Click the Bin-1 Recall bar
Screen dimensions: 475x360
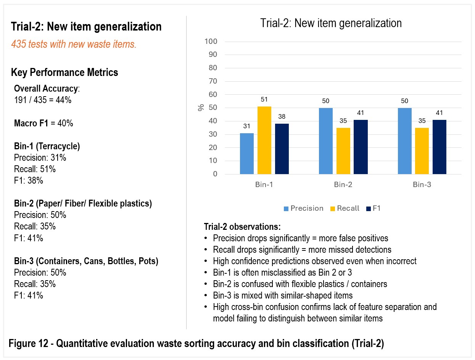(x=264, y=140)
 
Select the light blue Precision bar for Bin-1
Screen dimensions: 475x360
(x=247, y=153)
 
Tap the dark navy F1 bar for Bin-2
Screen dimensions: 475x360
(x=361, y=147)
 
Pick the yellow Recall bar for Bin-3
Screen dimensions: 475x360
(x=422, y=151)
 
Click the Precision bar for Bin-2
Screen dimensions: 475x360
(x=326, y=141)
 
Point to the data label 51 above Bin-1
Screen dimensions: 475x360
(x=264, y=99)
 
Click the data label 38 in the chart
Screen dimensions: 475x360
(x=282, y=116)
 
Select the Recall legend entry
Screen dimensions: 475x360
(x=345, y=208)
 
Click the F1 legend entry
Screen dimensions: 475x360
(x=373, y=208)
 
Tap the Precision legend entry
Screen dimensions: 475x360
(x=303, y=208)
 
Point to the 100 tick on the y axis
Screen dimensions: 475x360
(x=211, y=41)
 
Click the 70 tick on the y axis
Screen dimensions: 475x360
(x=213, y=81)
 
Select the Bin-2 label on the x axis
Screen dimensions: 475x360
(x=343, y=184)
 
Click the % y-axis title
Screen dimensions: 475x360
(x=201, y=107)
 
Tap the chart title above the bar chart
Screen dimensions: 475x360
(x=331, y=23)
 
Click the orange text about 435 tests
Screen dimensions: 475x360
(x=74, y=44)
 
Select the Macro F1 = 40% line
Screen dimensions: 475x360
(x=43, y=123)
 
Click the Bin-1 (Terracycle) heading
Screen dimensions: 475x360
(x=47, y=146)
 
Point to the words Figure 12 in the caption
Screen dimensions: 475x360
(x=28, y=343)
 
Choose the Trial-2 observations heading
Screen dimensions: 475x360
(x=242, y=227)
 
